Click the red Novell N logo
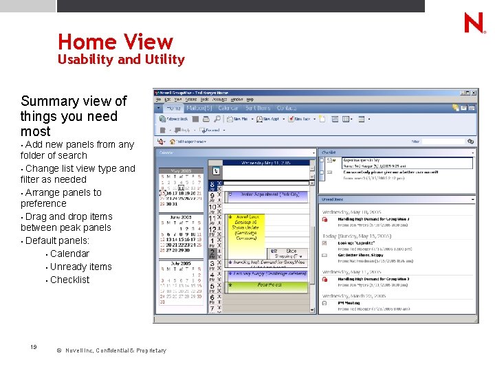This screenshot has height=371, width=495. point(474,23)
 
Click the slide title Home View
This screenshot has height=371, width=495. point(115,42)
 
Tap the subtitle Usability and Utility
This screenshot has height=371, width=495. point(121,60)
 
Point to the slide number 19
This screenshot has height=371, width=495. point(34,348)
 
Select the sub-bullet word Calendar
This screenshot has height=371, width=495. point(69,254)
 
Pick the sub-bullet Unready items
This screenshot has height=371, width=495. point(80,267)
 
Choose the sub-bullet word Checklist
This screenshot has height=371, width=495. point(69,280)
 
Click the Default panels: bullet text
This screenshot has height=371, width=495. point(57,240)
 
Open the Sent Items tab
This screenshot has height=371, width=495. point(258,108)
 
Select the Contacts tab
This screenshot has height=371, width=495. point(287,108)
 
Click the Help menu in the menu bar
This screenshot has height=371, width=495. point(250,100)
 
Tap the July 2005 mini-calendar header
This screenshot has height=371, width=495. point(182,264)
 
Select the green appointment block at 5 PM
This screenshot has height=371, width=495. point(269,284)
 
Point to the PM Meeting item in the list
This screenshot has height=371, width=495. point(350,303)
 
